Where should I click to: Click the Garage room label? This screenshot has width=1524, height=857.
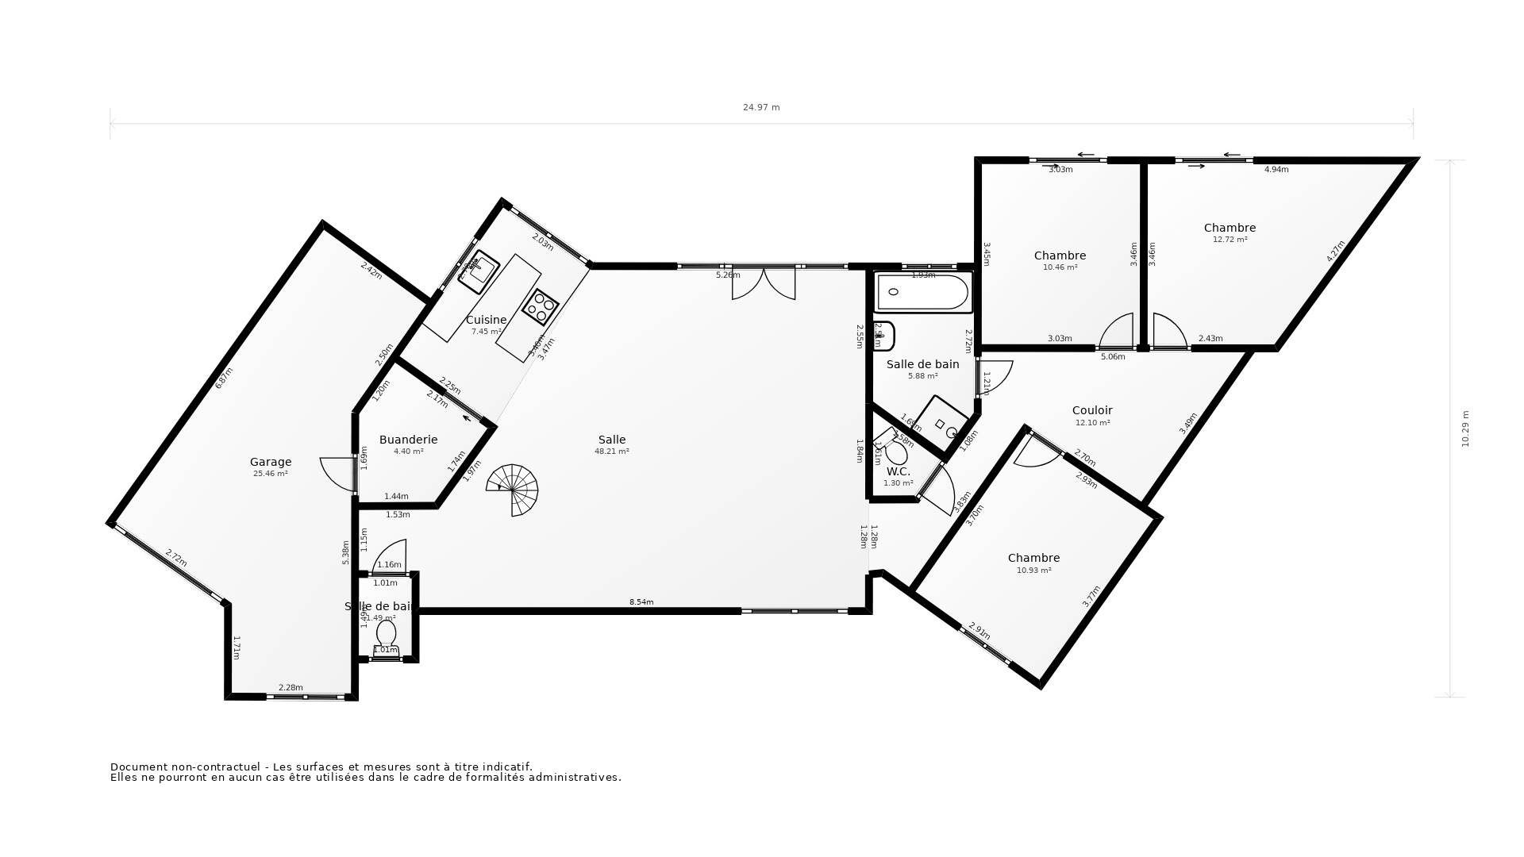(x=271, y=462)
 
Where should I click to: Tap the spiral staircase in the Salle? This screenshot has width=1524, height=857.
(x=514, y=490)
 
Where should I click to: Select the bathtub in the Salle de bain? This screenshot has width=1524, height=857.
(x=922, y=293)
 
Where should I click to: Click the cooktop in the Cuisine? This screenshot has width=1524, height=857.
(x=540, y=307)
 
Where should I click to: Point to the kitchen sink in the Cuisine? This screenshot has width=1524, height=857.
(x=479, y=271)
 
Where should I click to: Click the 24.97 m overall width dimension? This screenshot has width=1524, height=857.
(x=761, y=107)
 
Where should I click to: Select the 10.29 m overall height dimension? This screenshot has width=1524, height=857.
(x=1465, y=428)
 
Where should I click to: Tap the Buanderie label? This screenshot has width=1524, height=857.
(x=408, y=440)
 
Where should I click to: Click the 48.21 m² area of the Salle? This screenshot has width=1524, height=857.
(x=611, y=452)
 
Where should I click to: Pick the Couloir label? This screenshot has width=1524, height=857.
(x=1092, y=410)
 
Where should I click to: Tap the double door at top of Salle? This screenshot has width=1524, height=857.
(x=764, y=284)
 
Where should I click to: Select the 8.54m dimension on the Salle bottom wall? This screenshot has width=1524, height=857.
(x=641, y=602)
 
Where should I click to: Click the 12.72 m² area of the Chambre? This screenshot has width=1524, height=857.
(x=1230, y=240)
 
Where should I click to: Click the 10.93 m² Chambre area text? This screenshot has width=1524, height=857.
(x=1033, y=571)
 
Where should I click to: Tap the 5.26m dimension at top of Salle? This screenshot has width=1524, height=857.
(x=728, y=275)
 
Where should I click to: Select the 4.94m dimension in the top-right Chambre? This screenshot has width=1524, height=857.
(x=1276, y=170)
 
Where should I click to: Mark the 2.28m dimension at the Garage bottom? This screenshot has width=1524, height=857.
(x=291, y=688)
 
